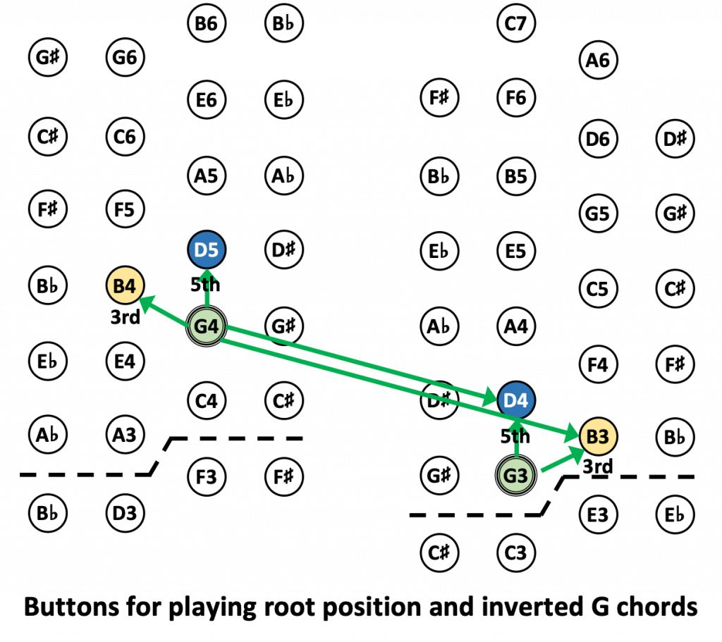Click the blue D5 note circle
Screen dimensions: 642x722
pyautogui.click(x=207, y=250)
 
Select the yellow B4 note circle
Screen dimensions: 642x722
pyautogui.click(x=125, y=286)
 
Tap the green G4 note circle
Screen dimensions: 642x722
pyautogui.click(x=207, y=326)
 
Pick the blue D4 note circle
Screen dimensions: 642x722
pyautogui.click(x=516, y=400)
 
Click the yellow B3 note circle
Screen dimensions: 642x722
pyautogui.click(x=597, y=437)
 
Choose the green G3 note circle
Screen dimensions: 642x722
pyautogui.click(x=516, y=476)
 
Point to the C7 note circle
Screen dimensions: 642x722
pyautogui.click(x=516, y=24)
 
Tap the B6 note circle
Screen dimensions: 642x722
pyautogui.click(x=207, y=24)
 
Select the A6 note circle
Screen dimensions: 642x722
pyautogui.click(x=597, y=61)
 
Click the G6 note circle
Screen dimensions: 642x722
pyautogui.click(x=125, y=57)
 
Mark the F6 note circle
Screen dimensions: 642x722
pyautogui.click(x=516, y=97)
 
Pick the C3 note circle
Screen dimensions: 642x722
pyautogui.click(x=516, y=553)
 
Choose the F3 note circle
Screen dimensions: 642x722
pyautogui.click(x=207, y=476)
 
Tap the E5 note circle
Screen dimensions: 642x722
pyautogui.click(x=516, y=251)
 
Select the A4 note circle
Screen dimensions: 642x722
pyautogui.click(x=516, y=326)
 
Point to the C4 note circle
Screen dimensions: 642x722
pyautogui.click(x=207, y=401)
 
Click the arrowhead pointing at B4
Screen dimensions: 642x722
pyautogui.click(x=146, y=302)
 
